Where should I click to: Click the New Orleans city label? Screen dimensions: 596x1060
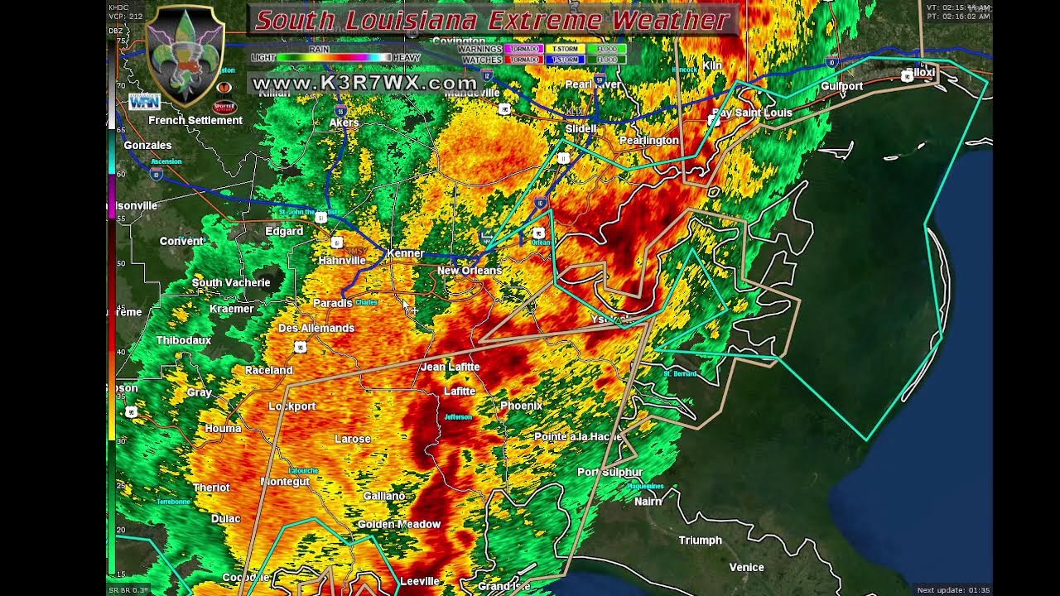[470, 271]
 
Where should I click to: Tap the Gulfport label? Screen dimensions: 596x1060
[841, 86]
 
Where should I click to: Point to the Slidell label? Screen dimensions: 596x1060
[581, 129]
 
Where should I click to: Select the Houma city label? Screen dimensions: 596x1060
[223, 429]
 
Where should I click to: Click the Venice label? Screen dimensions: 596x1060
[746, 568]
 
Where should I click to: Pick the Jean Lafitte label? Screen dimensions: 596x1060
[450, 367]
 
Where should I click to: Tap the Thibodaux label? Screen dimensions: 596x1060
[184, 340]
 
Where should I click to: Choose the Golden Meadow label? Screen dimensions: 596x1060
[398, 525]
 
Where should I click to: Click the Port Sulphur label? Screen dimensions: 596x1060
[610, 472]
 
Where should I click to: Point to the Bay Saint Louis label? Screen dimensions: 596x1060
[753, 113]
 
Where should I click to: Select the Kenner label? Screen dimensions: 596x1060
[406, 253]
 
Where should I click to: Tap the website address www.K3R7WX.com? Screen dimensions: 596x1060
[364, 83]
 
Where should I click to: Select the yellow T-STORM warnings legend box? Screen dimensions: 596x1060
[565, 49]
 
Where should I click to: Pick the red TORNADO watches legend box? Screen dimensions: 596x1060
[523, 60]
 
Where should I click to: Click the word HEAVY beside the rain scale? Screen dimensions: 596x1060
[407, 58]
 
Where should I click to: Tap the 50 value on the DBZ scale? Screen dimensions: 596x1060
[120, 263]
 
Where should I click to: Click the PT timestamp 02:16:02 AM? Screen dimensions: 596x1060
[958, 17]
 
